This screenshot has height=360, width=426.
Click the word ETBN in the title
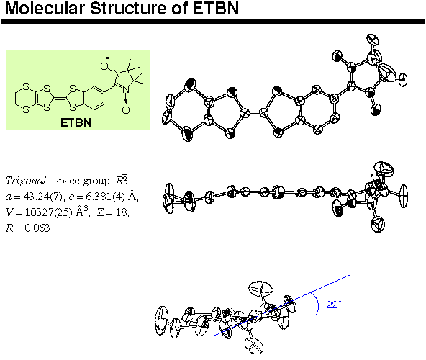click(216, 8)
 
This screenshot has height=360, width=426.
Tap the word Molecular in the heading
click(45, 8)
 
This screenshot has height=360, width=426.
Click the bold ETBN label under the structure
click(76, 122)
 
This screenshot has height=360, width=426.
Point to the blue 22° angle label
click(333, 305)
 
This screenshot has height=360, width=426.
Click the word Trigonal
click(26, 181)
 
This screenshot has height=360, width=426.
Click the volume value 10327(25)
click(49, 212)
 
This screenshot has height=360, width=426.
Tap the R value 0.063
click(37, 228)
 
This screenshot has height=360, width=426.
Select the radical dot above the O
click(108, 58)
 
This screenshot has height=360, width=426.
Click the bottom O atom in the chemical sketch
click(126, 110)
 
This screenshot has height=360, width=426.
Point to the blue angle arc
click(317, 304)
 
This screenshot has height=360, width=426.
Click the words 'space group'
click(82, 181)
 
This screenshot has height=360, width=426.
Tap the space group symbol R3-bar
click(122, 180)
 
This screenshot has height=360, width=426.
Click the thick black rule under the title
click(213, 22)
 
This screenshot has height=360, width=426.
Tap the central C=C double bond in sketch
click(60, 98)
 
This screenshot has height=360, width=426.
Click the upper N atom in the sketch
click(117, 73)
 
